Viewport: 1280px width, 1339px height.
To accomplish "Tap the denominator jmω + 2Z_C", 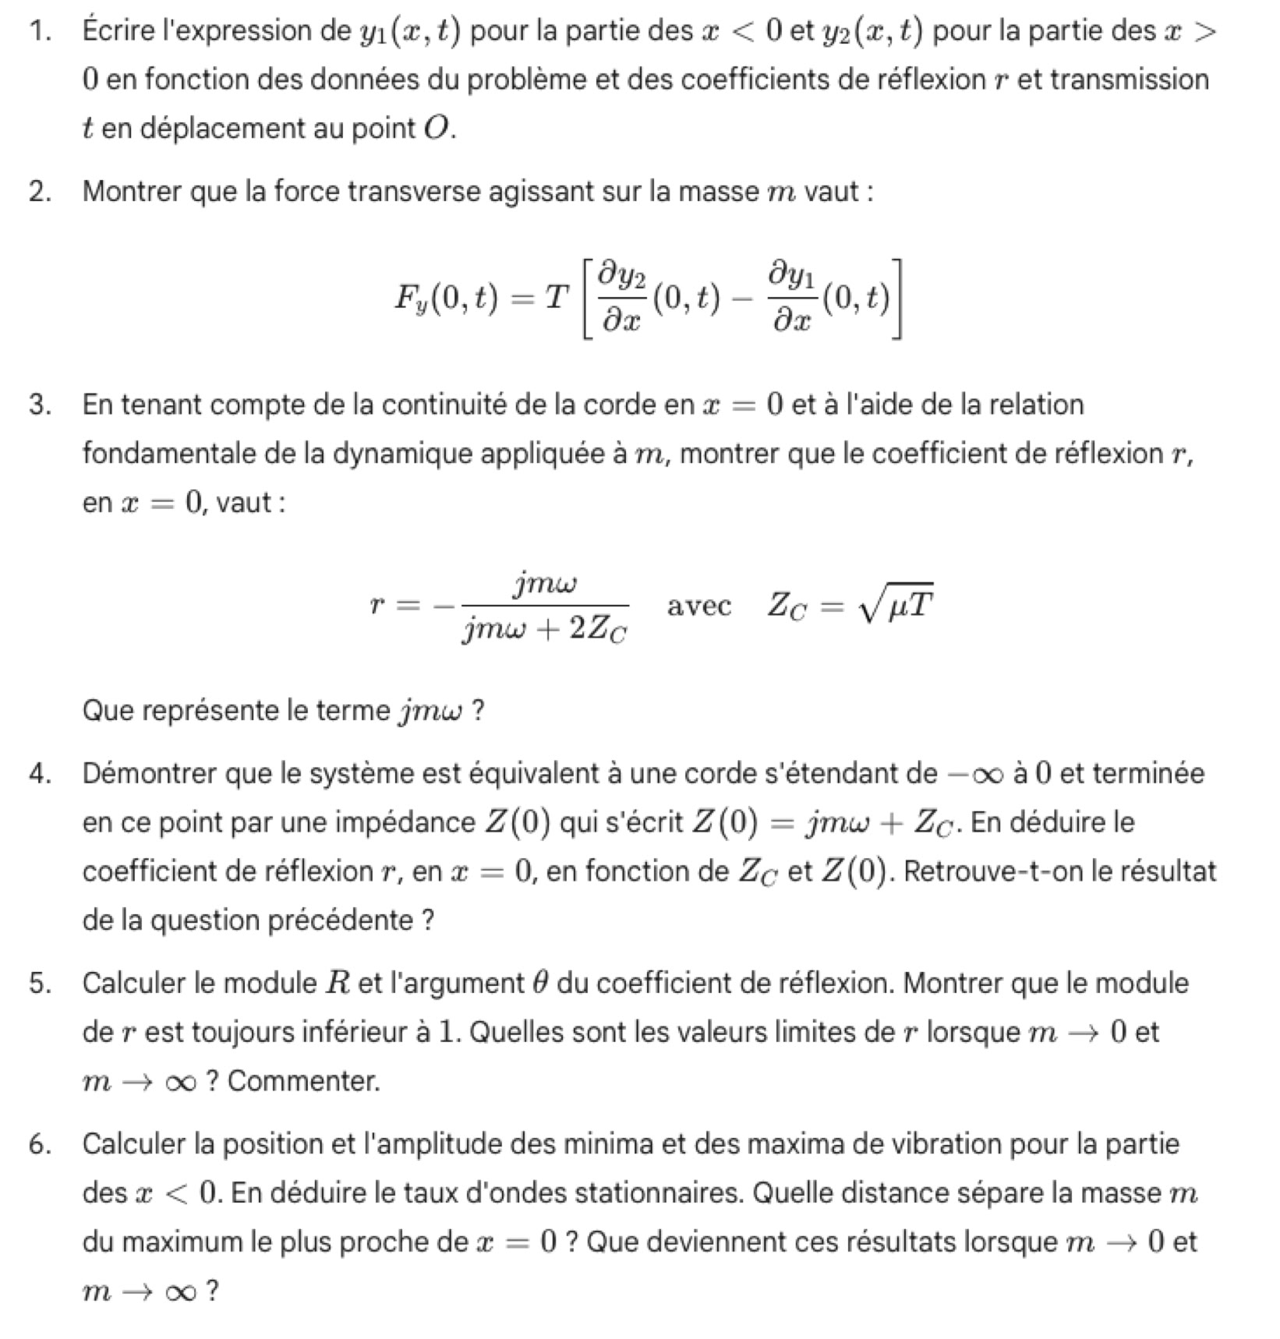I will click(x=545, y=628).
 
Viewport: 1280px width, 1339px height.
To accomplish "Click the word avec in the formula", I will click(x=699, y=606).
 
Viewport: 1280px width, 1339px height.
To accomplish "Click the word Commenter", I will click(x=304, y=1081).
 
